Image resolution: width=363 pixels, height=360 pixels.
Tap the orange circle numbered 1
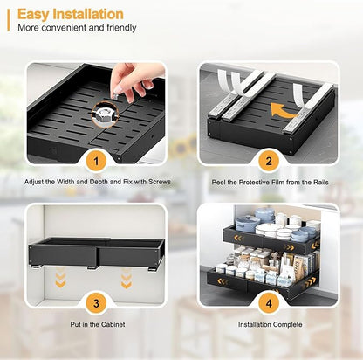point(96,161)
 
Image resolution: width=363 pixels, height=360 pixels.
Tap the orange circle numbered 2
point(268,161)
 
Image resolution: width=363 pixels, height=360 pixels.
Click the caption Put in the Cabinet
point(96,324)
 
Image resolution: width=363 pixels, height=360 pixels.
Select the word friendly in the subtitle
point(120,28)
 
